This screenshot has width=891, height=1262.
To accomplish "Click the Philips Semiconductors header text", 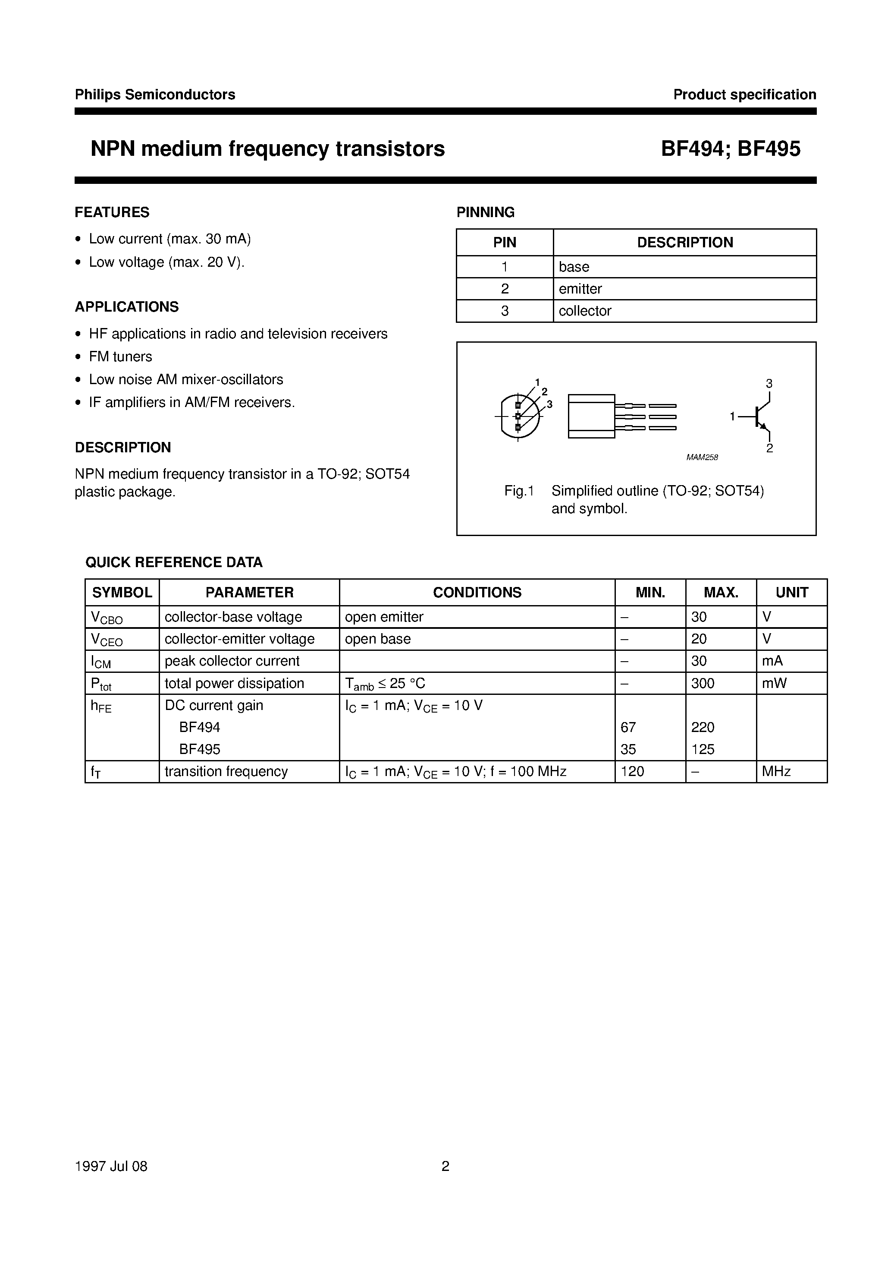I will (x=155, y=95).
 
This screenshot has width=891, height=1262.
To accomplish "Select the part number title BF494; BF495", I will (x=730, y=149).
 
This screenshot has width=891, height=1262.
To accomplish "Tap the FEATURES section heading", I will (x=112, y=212).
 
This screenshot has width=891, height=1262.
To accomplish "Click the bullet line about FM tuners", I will (x=120, y=357).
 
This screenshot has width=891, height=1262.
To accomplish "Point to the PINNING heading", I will (x=485, y=212).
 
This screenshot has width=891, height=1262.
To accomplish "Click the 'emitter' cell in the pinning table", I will (x=580, y=289).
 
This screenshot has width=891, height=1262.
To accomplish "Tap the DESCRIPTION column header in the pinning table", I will (x=684, y=243).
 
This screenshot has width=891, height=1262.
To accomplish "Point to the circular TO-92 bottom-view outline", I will (x=518, y=416).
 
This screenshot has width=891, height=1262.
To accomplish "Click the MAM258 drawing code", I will (x=702, y=457).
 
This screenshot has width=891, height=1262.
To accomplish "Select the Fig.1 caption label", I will (x=519, y=491).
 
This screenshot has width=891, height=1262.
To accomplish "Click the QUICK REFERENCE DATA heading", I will (x=174, y=562).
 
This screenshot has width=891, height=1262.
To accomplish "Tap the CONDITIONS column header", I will (x=477, y=593).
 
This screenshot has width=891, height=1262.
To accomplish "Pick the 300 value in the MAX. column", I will (x=703, y=683).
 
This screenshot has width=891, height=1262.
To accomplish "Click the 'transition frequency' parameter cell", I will (x=226, y=771).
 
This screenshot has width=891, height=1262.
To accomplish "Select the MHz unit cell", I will (x=776, y=771).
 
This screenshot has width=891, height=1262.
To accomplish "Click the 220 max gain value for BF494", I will (x=703, y=727).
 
